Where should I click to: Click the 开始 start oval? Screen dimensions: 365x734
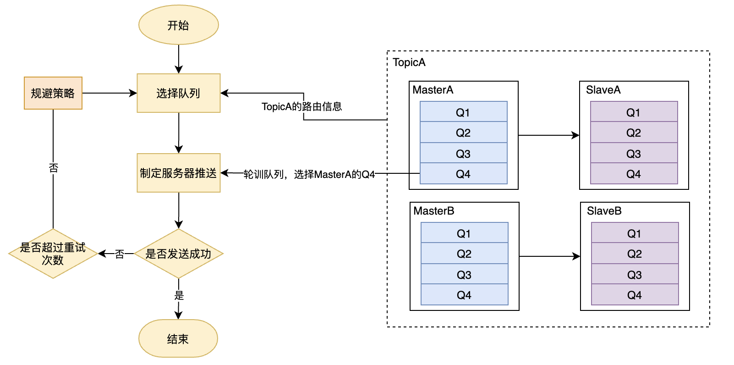tap(178, 25)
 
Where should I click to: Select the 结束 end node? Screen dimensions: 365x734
tap(178, 339)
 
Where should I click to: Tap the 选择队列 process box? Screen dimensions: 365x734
tap(178, 93)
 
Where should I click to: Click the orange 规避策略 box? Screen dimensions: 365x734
tap(53, 93)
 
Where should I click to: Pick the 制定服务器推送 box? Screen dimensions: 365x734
tap(178, 173)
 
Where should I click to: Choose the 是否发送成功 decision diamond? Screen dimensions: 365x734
tap(178, 254)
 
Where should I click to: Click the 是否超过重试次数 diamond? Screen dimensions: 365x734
tap(53, 254)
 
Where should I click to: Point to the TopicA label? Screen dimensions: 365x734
tap(409, 62)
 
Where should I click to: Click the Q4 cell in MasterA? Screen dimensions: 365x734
tap(463, 174)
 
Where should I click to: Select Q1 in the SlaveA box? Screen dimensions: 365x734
tap(634, 112)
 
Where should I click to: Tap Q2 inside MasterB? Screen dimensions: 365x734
tap(464, 254)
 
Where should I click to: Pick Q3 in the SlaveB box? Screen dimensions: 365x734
tap(635, 275)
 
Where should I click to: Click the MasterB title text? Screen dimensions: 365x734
tap(433, 211)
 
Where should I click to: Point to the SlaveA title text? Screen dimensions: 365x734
tap(603, 90)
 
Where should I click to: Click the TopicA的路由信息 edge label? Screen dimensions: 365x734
tap(301, 107)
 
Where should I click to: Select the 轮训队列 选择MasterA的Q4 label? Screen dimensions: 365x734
tap(309, 174)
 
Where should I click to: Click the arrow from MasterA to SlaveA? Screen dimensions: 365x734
tap(548, 135)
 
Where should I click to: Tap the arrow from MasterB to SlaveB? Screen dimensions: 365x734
tap(549, 256)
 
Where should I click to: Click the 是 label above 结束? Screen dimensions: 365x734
tap(179, 295)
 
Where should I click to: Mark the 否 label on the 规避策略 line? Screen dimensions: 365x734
tap(53, 168)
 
